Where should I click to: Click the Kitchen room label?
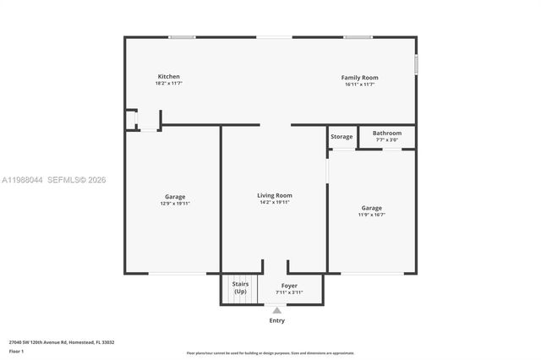[x=169, y=77]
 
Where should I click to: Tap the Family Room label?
[x=359, y=78]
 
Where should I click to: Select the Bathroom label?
[x=387, y=133]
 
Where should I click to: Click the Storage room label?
[x=342, y=136]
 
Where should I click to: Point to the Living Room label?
[x=274, y=195]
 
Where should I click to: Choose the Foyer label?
[x=277, y=286]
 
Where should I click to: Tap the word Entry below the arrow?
[x=277, y=320]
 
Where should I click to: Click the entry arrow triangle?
[x=277, y=310]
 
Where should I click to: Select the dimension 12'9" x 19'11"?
[x=174, y=204]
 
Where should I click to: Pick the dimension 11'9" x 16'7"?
[x=371, y=215]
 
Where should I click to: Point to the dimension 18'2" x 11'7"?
[x=169, y=84]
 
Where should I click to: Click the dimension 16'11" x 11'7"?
[x=359, y=85]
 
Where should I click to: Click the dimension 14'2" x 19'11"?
[x=274, y=202]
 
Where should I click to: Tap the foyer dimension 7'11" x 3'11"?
[x=277, y=292]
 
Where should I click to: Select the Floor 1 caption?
[x=16, y=351]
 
